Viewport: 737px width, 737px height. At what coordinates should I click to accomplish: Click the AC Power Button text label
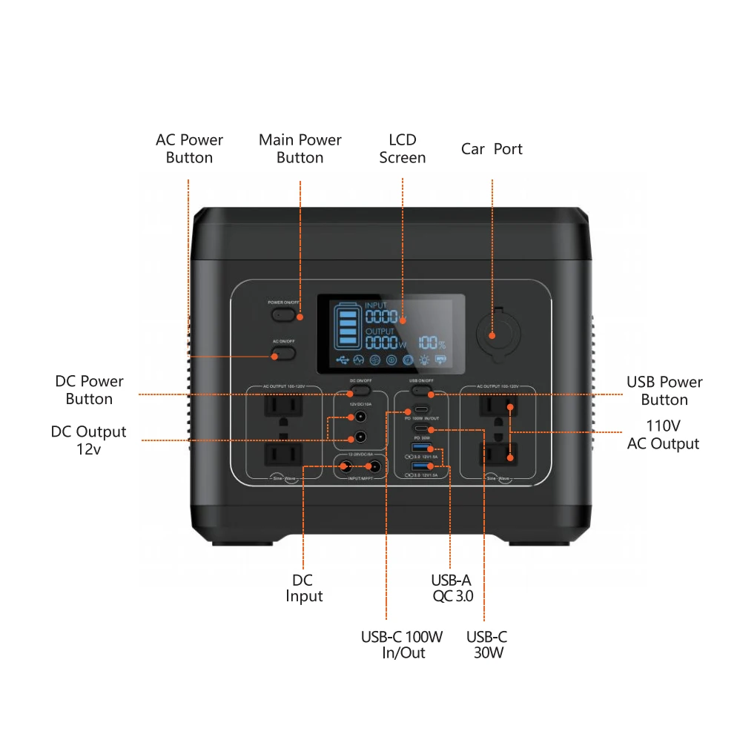pyautogui.click(x=189, y=148)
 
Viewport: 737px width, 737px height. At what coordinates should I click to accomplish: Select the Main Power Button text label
pyautogui.click(x=300, y=148)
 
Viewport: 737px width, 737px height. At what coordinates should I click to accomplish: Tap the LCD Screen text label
pyautogui.click(x=402, y=148)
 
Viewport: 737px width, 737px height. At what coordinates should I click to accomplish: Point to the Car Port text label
pyautogui.click(x=492, y=149)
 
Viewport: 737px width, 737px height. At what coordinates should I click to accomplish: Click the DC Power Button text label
pyautogui.click(x=89, y=390)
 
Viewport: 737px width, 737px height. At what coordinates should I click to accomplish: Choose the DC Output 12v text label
pyautogui.click(x=89, y=440)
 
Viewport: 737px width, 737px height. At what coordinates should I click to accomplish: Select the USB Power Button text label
pyautogui.click(x=664, y=391)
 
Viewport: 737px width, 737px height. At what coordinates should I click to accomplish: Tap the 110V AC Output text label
pyautogui.click(x=663, y=434)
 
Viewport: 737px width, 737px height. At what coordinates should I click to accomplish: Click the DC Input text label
pyautogui.click(x=304, y=588)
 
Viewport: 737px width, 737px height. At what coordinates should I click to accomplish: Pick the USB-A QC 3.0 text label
pyautogui.click(x=452, y=588)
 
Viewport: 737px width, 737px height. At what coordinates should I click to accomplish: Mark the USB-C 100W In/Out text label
pyautogui.click(x=402, y=644)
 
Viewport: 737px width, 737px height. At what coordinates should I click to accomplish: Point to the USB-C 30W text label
pyautogui.click(x=487, y=644)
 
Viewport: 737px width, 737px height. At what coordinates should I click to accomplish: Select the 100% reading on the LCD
pyautogui.click(x=431, y=343)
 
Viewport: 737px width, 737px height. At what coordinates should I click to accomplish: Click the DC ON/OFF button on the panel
pyautogui.click(x=360, y=390)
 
